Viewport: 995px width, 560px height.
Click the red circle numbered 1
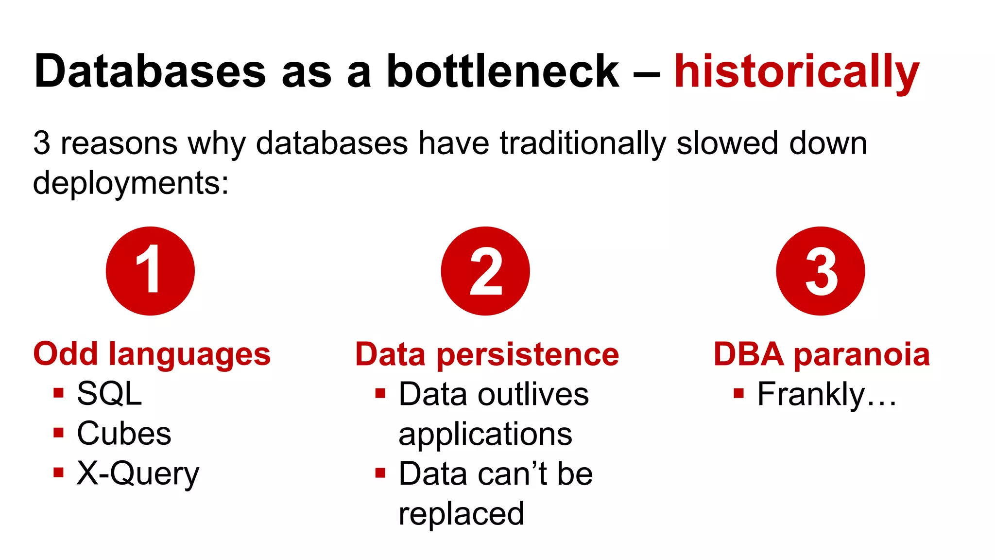coord(150,271)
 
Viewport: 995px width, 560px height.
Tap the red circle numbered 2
coord(485,271)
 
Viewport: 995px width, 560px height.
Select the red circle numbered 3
coord(821,271)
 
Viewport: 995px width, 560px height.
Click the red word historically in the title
coord(797,72)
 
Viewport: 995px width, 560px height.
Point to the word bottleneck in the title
coord(502,72)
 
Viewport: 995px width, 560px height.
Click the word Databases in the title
coord(150,72)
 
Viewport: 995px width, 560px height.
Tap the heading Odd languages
coord(152,354)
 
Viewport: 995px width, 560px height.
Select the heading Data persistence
coord(487,354)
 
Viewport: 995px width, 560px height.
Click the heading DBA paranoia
coord(822,354)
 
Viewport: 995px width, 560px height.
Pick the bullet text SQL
coord(109,393)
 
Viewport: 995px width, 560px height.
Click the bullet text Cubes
coord(124,433)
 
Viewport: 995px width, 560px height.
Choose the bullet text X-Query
coord(138,473)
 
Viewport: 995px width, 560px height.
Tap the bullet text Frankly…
coord(827,394)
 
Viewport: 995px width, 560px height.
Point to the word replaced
coord(461,514)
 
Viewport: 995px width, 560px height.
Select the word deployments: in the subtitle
coord(131,183)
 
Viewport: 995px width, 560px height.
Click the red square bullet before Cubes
coord(59,433)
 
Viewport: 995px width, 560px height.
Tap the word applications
coord(485,434)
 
